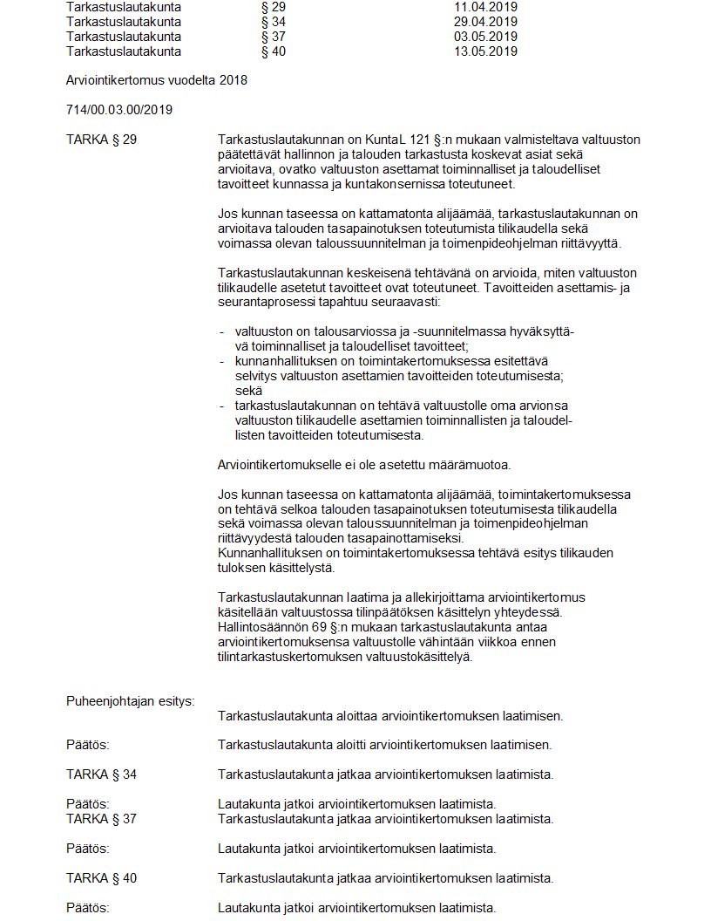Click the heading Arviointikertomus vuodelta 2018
pyautogui.click(x=157, y=80)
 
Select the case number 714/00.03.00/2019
pyautogui.click(x=119, y=110)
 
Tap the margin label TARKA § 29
pyautogui.click(x=101, y=140)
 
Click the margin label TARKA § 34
pyautogui.click(x=101, y=774)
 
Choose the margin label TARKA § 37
pyautogui.click(x=101, y=819)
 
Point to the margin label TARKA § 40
pyautogui.click(x=101, y=878)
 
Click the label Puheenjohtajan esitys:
pyautogui.click(x=130, y=700)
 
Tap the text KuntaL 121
pyautogui.click(x=403, y=140)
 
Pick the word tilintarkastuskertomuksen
pyautogui.click(x=287, y=657)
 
